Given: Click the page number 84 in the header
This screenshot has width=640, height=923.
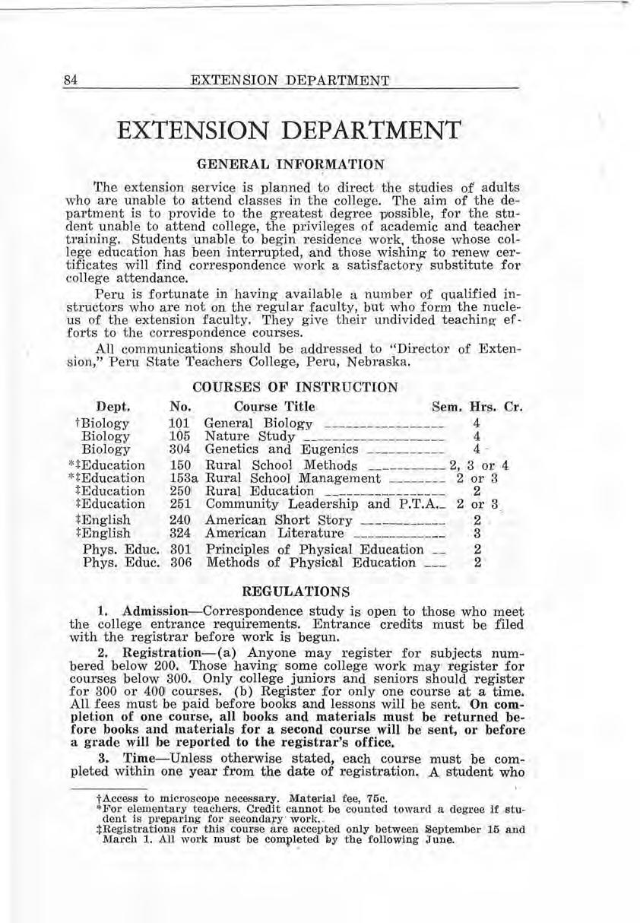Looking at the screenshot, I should click(71, 80).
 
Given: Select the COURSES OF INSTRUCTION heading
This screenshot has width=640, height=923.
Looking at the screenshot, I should click(295, 387).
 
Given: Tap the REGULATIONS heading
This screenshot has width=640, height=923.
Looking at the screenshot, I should click(295, 590).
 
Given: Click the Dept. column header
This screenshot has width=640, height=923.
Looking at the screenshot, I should click(113, 407).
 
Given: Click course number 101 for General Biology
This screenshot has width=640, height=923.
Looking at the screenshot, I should click(179, 423).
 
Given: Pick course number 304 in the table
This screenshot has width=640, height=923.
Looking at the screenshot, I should click(179, 450).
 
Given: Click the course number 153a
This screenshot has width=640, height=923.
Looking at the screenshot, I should click(182, 478).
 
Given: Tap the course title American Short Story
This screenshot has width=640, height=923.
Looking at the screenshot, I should click(279, 521).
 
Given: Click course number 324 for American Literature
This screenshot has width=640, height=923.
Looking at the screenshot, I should click(179, 534).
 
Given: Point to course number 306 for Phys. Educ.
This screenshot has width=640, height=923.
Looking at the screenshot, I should click(179, 563).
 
